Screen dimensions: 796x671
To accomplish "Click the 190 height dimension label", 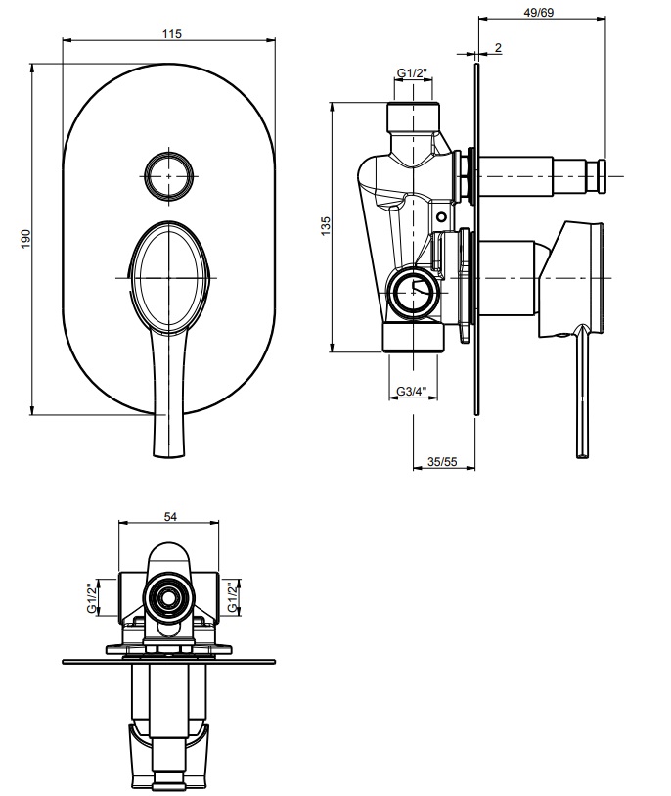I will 26,238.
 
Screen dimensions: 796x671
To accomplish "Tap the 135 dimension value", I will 326,224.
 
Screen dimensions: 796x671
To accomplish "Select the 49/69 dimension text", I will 538,12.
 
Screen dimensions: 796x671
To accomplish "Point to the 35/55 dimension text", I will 443,461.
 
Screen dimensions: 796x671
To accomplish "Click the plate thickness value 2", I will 498,47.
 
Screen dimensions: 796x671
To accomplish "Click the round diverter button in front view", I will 171,176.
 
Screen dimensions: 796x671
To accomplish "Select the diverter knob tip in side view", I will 604,177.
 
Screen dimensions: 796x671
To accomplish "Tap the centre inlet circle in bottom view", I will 168,596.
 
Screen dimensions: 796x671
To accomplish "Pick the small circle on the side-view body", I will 441,216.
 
